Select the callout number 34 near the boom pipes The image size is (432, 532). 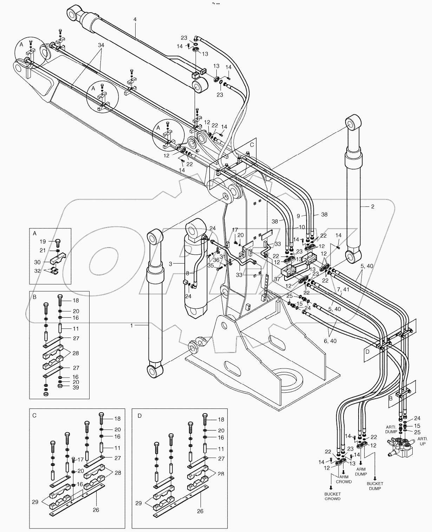pos(101,45)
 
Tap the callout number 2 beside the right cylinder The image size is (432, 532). pos(373,206)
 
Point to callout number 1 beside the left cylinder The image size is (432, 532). pos(132,325)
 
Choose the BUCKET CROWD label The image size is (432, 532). pos(332,496)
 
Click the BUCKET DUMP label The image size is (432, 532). pos(375,486)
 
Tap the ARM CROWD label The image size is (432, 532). pos(344,479)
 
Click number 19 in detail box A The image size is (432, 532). pos(42,241)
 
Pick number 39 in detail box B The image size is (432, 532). pos(76,387)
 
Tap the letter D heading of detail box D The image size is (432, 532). pos(139,415)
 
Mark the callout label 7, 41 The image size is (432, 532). pos(342,289)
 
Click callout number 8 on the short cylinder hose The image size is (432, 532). pos(188,273)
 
